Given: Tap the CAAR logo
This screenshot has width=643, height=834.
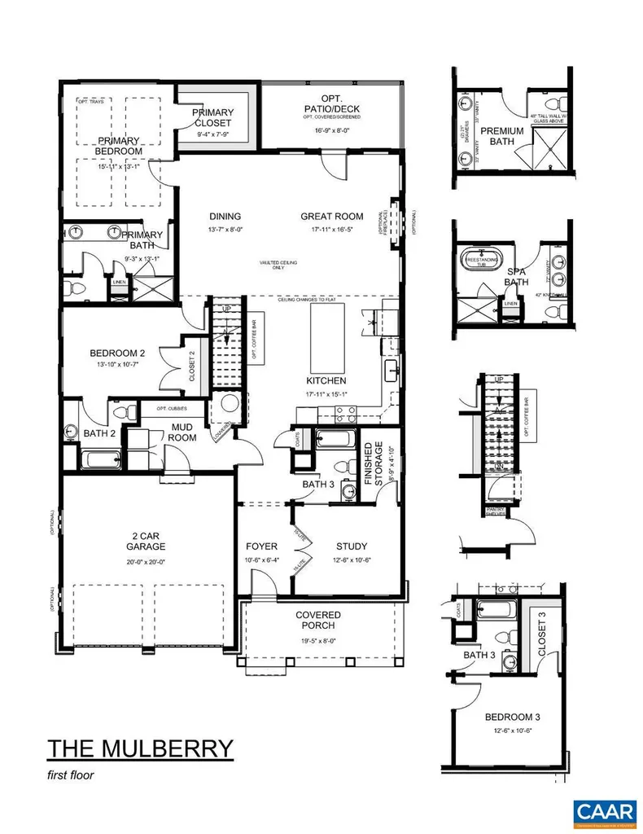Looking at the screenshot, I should [x=604, y=811].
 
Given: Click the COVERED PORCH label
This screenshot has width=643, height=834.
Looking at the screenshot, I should [x=318, y=620].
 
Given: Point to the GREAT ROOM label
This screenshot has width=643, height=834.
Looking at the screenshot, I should [x=331, y=216].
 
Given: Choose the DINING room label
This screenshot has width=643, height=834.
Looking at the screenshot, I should [x=225, y=216].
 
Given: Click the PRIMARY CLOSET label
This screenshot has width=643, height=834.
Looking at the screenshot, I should [x=213, y=118].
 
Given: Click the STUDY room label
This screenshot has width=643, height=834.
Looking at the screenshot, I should [x=351, y=546].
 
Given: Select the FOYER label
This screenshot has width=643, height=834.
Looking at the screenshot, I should [x=261, y=546].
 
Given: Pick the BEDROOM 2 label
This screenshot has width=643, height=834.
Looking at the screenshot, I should [x=117, y=353].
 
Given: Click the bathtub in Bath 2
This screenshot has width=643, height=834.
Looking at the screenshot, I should [x=100, y=460].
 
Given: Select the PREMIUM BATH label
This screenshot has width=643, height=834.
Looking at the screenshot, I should [x=501, y=136].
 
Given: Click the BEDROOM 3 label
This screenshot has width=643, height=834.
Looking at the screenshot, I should [x=510, y=717].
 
